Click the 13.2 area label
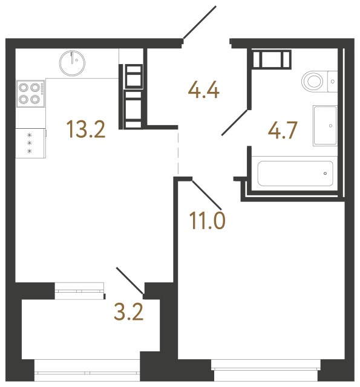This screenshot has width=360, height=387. click(x=87, y=129)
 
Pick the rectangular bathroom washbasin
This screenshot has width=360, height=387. click(x=325, y=125)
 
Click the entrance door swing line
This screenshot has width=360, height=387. click(x=199, y=23)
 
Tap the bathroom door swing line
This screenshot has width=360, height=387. click(x=235, y=122)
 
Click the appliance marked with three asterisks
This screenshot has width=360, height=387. click(x=30, y=143)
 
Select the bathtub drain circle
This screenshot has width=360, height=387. click(x=325, y=174)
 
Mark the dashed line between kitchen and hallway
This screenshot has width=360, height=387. click(x=178, y=151)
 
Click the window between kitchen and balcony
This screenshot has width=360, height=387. click(x=79, y=291)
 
